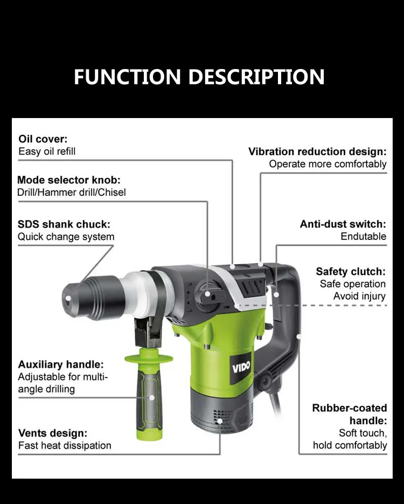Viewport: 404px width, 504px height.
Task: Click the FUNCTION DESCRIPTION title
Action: (199, 77)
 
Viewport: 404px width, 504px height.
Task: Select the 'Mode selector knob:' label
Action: (69, 180)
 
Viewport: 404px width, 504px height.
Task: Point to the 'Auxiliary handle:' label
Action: (61, 365)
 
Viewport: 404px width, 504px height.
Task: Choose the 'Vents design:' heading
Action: (53, 433)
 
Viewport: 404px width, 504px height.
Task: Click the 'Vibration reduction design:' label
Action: (317, 151)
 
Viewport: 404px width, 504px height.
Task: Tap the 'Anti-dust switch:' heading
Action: (343, 224)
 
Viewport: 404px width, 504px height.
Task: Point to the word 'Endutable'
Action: (363, 237)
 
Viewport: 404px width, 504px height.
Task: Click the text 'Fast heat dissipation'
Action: (65, 446)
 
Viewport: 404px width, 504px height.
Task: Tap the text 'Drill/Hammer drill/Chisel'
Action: (72, 192)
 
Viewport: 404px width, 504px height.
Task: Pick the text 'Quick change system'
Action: (66, 237)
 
